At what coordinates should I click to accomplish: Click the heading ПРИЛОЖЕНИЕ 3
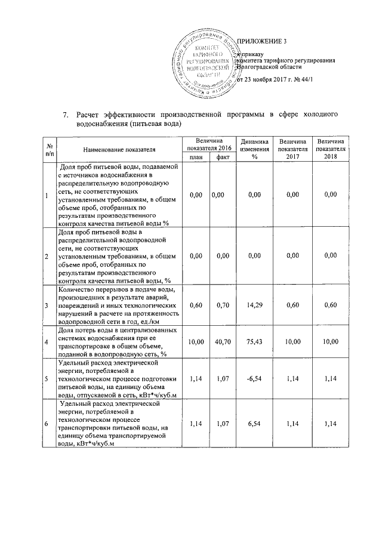tap(262, 41)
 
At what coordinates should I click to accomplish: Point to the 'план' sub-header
tap(195, 157)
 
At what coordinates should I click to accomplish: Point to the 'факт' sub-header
tap(223, 157)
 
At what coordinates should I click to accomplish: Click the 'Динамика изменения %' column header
tap(255, 149)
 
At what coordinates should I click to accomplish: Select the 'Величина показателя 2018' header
tap(331, 149)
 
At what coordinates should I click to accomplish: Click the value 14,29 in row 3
tap(255, 305)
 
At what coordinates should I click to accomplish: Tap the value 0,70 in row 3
tap(223, 305)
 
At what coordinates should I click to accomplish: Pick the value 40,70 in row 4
tap(223, 341)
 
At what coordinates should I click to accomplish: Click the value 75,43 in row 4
tap(255, 341)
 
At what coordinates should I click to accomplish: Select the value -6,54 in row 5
tap(255, 378)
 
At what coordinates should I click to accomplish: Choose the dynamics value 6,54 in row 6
tap(255, 423)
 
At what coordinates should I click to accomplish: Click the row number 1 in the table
tap(47, 195)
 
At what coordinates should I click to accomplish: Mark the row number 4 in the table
tap(47, 341)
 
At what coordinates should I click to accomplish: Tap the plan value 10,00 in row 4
tap(195, 341)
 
